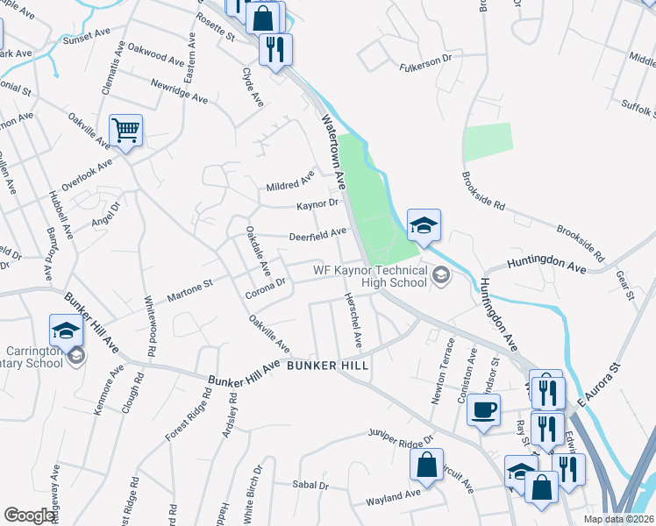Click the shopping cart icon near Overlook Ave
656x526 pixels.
click(x=125, y=131)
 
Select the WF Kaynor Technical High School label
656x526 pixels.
click(x=370, y=276)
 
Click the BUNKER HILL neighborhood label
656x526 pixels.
click(x=324, y=366)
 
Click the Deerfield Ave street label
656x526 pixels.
click(x=318, y=233)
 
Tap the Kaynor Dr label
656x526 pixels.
click(x=317, y=204)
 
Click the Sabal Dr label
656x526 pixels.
click(x=311, y=485)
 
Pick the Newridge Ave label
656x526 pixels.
click(x=179, y=92)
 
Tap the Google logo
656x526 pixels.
click(x=30, y=515)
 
